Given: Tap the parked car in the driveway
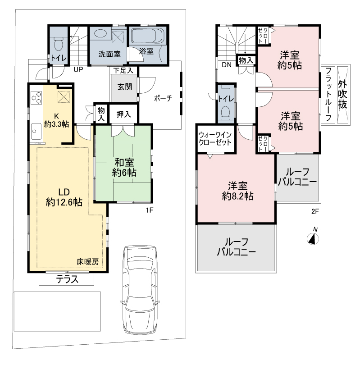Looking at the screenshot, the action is coord(141,290).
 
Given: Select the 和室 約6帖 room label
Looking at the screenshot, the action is coord(124,168).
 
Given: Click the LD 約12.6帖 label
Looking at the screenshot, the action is coord(64,197).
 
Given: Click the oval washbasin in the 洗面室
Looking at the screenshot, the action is coord(100,33).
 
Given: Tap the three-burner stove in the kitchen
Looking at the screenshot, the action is coord(36,98).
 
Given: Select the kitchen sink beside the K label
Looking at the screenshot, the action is coord(36,132).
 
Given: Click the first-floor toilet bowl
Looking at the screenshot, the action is coord(58,44).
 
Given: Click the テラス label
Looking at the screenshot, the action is coord(67,279).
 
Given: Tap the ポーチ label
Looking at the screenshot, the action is coord(163,98).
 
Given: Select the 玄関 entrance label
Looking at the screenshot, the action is coord(125,87).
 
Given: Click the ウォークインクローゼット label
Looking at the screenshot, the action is coord(215,138).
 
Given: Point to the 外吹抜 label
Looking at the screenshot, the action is coord(342,94).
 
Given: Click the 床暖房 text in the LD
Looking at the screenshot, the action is coord(88,262).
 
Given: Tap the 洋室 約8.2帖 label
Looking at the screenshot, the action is coord(237,191).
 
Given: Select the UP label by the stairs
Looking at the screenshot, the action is coord(78,69).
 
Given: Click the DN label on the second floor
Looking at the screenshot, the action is coord(227,65).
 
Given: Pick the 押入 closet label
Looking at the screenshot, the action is coord(123,114).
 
